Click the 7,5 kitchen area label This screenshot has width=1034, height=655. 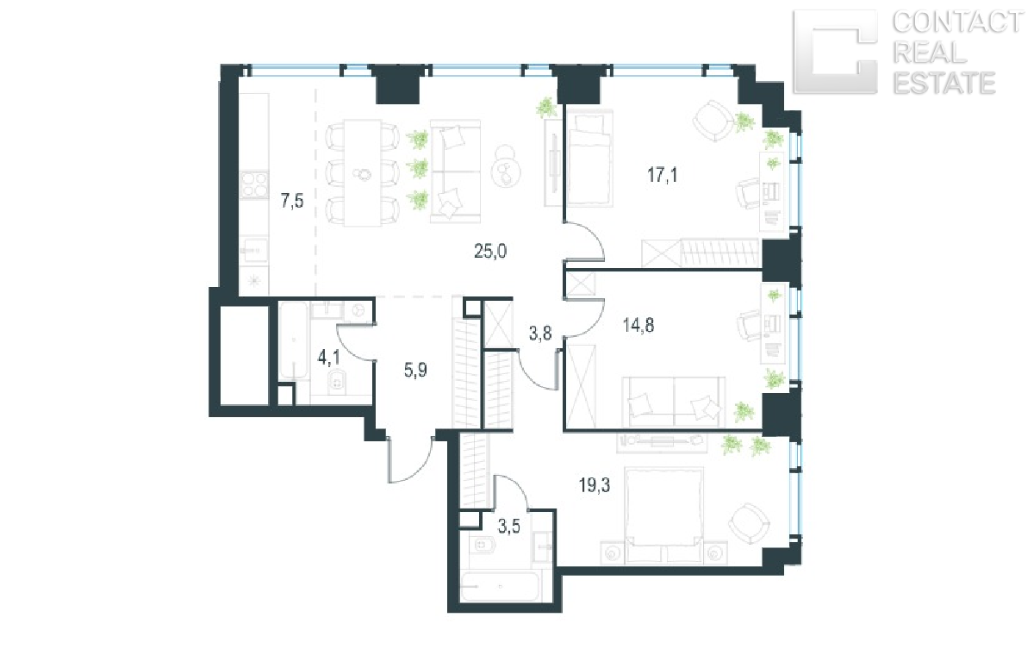tap(292, 202)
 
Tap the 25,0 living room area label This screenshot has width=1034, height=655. tap(490, 251)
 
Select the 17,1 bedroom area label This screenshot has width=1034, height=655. tap(663, 176)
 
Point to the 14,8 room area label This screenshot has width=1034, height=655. tap(638, 326)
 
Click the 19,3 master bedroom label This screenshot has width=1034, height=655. tap(595, 485)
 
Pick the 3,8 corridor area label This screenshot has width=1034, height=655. tap(540, 333)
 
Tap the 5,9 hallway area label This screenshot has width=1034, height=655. tap(415, 370)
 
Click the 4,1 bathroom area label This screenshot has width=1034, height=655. tap(328, 358)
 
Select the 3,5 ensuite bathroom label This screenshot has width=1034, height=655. tap(508, 527)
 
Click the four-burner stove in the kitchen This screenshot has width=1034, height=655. tap(254, 184)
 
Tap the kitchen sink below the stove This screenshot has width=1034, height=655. tap(254, 251)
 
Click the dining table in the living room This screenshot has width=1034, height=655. tap(363, 173)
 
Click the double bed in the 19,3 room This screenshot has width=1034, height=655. tap(663, 515)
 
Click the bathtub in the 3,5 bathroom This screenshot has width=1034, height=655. tap(501, 586)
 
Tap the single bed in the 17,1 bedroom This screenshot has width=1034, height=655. tap(588, 159)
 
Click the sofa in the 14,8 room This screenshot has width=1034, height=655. tap(674, 402)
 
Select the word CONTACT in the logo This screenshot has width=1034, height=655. tap(957, 22)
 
